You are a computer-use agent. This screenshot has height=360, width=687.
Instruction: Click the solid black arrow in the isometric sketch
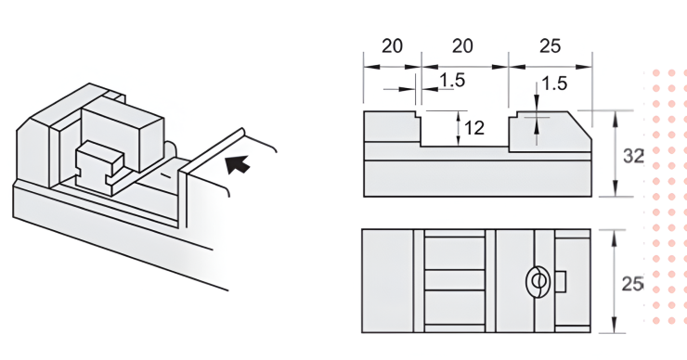pos(238,164)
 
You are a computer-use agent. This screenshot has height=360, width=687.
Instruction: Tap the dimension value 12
pos(473,128)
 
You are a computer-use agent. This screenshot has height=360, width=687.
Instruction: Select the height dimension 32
pos(633,157)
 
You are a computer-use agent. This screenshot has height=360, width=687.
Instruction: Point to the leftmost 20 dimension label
pos(392,46)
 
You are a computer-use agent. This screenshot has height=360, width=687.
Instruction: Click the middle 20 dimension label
pos(462,46)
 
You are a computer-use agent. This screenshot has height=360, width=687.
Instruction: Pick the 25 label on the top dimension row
pos(550,46)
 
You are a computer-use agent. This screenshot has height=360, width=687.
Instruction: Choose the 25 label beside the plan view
pos(632,284)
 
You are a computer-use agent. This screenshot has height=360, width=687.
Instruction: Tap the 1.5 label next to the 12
pos(452,80)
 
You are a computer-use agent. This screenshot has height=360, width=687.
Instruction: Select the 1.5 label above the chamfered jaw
pos(554,84)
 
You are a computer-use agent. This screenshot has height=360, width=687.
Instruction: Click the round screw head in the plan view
pos(538,281)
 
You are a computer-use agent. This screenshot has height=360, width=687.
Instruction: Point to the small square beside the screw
pos(561,281)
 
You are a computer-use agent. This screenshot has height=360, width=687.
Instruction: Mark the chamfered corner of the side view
pos(580,125)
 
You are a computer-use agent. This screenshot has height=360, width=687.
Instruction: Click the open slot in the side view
pos(465,128)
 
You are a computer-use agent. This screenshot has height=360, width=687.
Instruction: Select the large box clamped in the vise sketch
pos(123,131)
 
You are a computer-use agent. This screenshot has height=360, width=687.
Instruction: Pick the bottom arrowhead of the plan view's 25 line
pos(615,326)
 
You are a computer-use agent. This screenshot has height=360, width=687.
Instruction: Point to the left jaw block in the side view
pos(392,126)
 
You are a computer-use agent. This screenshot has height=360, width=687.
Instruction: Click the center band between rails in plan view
pos(455,280)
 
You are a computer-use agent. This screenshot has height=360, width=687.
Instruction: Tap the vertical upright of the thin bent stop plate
pos(182,199)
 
